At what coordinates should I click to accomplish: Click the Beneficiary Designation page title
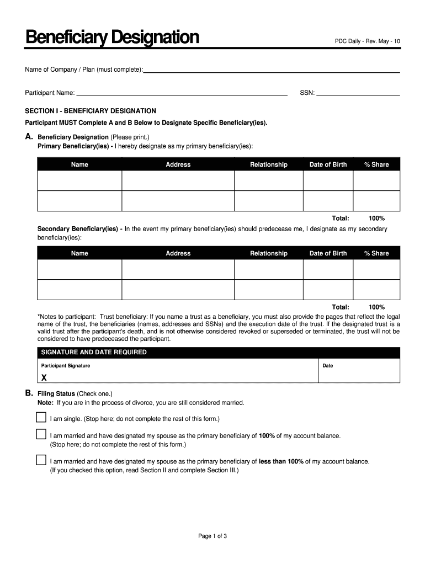pos(112,38)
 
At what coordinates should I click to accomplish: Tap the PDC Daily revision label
pos(368,42)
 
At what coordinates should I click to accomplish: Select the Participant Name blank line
pos(182,94)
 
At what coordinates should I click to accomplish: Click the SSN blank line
pos(358,94)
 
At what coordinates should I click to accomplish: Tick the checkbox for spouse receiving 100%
pos(41,434)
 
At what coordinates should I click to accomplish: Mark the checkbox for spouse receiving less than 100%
pos(41,460)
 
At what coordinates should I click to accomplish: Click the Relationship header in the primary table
pos(269,164)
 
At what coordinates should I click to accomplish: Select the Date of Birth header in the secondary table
pos(328,253)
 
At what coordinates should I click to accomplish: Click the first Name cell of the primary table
pos(79,180)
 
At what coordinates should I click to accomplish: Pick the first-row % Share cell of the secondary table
pos(376,269)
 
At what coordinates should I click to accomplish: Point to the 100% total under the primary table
pos(376,218)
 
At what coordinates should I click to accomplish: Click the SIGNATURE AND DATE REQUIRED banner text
pos(92,352)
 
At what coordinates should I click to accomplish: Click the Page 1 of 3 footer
pos(212,536)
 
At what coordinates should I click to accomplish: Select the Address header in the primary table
pos(178,164)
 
